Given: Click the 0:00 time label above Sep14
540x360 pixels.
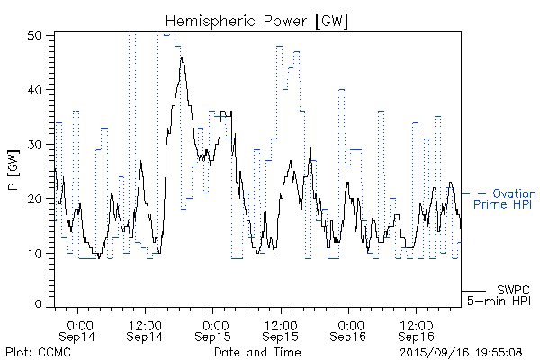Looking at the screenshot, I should click(x=78, y=323).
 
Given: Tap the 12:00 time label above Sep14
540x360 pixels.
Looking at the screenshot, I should click(x=146, y=323).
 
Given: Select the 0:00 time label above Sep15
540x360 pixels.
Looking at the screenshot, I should click(x=213, y=323).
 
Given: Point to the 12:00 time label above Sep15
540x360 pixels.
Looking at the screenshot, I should click(x=281, y=323).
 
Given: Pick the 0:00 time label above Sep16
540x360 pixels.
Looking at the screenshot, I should click(x=348, y=323).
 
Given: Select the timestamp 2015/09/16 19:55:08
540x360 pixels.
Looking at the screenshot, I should click(x=461, y=350).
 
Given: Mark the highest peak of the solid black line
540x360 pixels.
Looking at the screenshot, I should click(x=182, y=58).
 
